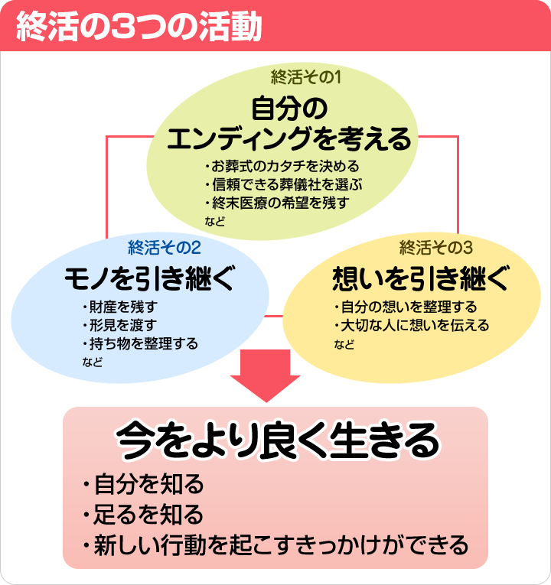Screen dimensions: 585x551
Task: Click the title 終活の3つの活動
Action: click(138, 26)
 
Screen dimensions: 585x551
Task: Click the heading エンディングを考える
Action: click(289, 140)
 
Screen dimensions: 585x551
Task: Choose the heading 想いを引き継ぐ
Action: click(419, 278)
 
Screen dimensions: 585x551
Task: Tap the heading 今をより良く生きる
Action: click(278, 440)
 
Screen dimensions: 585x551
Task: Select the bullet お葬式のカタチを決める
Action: click(282, 166)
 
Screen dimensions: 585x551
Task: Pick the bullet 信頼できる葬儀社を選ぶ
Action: click(282, 184)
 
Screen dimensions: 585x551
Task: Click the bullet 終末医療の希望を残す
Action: click(276, 203)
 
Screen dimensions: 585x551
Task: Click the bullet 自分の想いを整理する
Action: click(406, 307)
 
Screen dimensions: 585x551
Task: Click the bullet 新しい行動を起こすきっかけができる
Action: click(275, 545)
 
